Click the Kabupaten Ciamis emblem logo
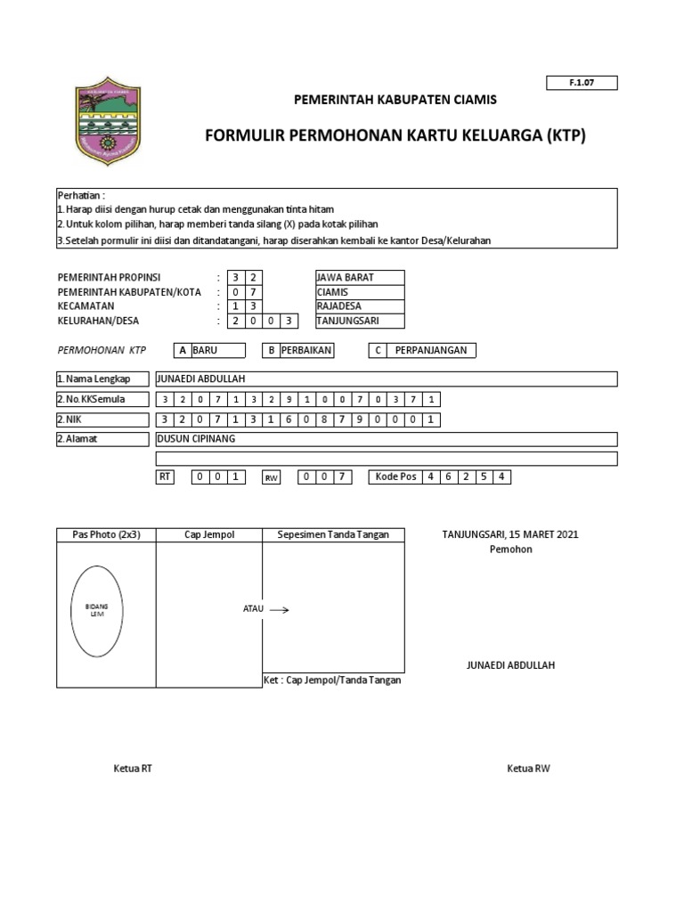tap(108, 121)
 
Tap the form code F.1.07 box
tap(581, 83)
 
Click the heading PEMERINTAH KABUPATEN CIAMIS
tap(395, 100)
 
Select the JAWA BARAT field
tap(359, 277)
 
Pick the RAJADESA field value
tap(359, 306)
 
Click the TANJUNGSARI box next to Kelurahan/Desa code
tap(359, 322)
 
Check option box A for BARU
tap(182, 351)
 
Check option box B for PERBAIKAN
tap(270, 351)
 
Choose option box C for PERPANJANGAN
tap(378, 351)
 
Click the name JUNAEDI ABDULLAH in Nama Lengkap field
tap(200, 379)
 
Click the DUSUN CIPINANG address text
tap(196, 439)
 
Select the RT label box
tap(165, 477)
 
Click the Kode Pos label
tap(395, 477)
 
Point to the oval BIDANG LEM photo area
tap(97, 611)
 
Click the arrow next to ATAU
tap(279, 610)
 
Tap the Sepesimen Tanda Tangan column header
tap(332, 535)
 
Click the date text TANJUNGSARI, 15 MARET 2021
tap(510, 534)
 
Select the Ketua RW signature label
tap(528, 769)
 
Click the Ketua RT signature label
tap(133, 769)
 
